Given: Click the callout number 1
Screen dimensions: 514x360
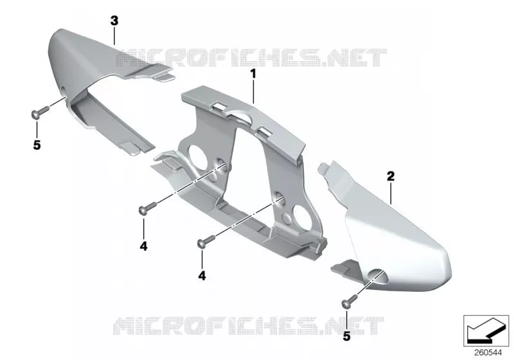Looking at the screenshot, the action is click(x=253, y=74).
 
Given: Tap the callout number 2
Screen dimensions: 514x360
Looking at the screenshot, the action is click(x=391, y=176).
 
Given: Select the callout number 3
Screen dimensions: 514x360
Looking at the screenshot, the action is click(x=114, y=21).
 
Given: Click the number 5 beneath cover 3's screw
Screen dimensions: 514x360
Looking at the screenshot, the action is click(x=37, y=145).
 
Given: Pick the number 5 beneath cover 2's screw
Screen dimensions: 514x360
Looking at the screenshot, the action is click(x=346, y=336).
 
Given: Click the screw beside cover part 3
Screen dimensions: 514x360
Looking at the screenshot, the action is click(x=40, y=112).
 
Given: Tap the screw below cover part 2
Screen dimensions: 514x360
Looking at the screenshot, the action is click(x=350, y=301).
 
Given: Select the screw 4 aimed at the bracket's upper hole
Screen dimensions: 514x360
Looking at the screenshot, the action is click(x=148, y=208).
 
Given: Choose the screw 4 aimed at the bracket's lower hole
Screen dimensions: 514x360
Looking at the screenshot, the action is click(x=206, y=240).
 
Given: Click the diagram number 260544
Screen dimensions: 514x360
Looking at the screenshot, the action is click(x=488, y=353).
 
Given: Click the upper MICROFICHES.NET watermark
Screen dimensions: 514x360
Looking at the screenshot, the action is click(x=251, y=58).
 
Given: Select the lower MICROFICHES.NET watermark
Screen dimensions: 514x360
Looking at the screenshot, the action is click(x=248, y=325).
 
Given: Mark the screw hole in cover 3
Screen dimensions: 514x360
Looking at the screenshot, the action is click(x=63, y=90).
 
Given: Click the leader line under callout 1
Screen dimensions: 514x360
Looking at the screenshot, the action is click(x=253, y=92).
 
